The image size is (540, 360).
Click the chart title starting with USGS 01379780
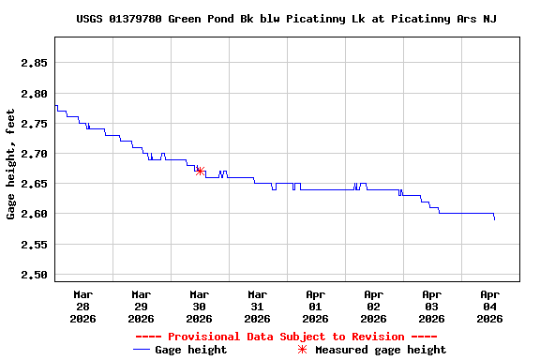tap(286, 19)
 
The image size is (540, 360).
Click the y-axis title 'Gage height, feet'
tap(11, 165)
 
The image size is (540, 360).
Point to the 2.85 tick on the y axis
tap(35, 63)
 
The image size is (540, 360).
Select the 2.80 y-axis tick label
tap(35, 94)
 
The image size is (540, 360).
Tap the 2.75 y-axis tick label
tap(35, 124)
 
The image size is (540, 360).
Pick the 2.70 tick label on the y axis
tap(35, 154)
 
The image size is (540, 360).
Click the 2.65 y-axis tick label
tap(35, 184)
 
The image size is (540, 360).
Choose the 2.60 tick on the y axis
tap(35, 214)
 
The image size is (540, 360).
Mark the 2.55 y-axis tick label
tap(35, 245)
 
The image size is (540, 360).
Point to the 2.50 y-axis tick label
tap(35, 275)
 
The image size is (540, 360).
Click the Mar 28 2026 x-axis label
tap(82, 307)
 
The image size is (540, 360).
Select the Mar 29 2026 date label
tap(141, 307)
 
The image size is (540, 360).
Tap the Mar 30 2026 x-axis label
tap(199, 307)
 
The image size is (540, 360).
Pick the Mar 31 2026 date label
tap(257, 307)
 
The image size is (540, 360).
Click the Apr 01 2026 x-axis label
tap(315, 307)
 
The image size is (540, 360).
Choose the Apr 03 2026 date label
tap(431, 307)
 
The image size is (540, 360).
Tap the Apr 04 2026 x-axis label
tap(489, 307)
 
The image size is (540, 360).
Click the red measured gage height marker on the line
tap(200, 171)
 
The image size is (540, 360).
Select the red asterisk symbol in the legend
tap(302, 350)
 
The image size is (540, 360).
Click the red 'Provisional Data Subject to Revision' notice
tap(286, 337)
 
